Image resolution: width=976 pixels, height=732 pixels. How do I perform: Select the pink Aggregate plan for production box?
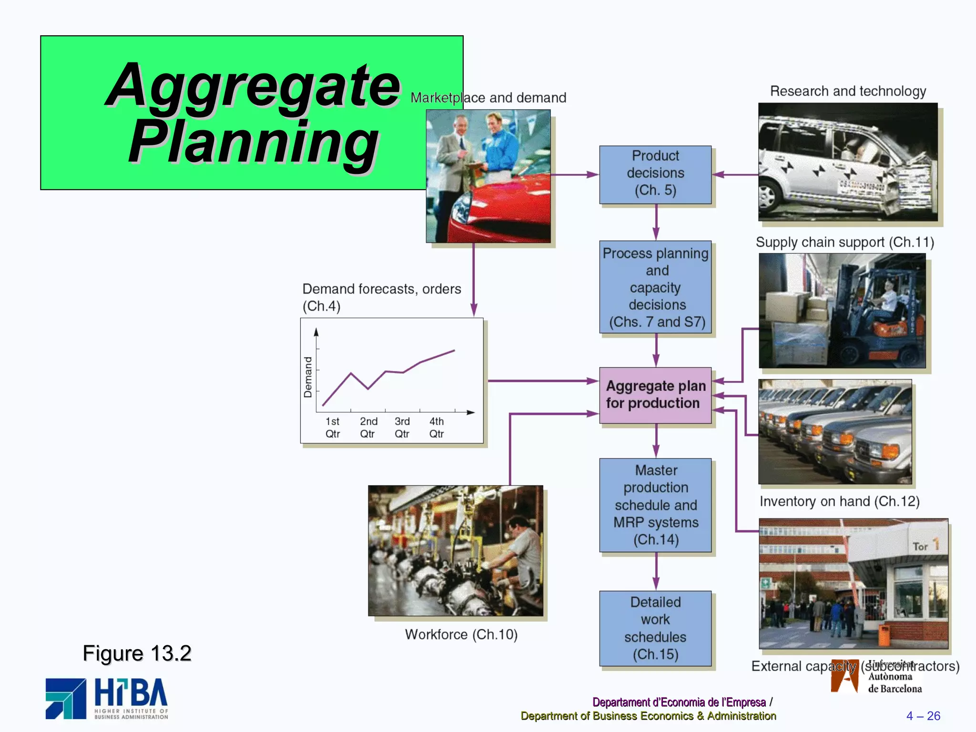pyautogui.click(x=655, y=395)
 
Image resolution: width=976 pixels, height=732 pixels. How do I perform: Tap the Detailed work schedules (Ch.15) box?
pyautogui.click(x=655, y=628)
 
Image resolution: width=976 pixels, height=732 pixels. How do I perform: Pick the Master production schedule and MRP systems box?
pyautogui.click(x=655, y=505)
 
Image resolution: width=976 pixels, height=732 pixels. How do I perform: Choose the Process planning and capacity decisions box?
pyautogui.click(x=655, y=287)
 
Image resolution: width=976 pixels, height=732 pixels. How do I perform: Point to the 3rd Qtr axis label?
pyautogui.click(x=402, y=427)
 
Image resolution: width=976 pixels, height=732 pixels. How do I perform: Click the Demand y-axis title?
pyautogui.click(x=308, y=377)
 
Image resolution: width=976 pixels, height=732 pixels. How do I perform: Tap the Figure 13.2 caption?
pyautogui.click(x=137, y=653)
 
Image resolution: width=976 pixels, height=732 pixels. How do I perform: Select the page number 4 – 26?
pyautogui.click(x=923, y=716)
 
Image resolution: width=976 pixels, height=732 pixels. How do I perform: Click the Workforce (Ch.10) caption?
pyautogui.click(x=461, y=634)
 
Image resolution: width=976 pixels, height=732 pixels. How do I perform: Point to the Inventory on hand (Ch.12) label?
pyautogui.click(x=839, y=501)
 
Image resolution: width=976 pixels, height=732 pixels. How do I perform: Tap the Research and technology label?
pyautogui.click(x=848, y=91)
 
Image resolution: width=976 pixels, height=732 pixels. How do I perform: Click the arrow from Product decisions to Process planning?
pyautogui.click(x=656, y=222)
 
